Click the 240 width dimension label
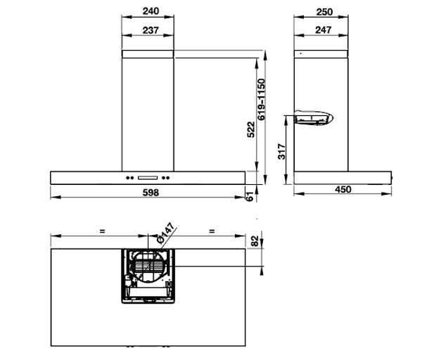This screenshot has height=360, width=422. (151, 11)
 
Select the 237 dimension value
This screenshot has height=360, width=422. (151, 30)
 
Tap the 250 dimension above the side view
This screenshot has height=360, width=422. (324, 12)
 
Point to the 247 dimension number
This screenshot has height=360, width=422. (324, 30)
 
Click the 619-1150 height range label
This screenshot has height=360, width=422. (261, 99)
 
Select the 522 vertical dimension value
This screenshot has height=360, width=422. (251, 129)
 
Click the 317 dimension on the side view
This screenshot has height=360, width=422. (281, 151)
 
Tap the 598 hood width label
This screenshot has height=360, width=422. (151, 193)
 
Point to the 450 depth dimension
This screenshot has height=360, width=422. (343, 189)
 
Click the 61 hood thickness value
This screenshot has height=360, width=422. (250, 197)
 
